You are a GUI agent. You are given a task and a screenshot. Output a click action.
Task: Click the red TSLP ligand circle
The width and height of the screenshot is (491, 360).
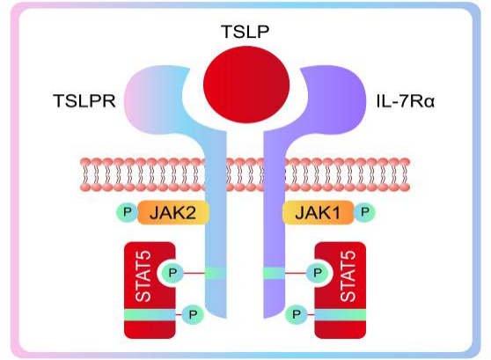coord(246,84)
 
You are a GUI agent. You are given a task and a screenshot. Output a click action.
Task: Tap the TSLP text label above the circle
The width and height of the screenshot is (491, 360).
coord(245,32)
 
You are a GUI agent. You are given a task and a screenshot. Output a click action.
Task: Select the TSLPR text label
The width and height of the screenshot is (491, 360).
coord(84,101)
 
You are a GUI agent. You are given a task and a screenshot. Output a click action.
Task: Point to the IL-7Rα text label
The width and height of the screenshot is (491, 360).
coord(405,101)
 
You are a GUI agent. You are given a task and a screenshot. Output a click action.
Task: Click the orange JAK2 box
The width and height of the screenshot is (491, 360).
coord(172,212)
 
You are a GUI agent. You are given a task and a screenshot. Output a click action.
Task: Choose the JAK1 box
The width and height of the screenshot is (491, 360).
coord(319,212)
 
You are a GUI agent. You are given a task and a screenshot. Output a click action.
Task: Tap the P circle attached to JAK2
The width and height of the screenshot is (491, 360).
coord(127,212)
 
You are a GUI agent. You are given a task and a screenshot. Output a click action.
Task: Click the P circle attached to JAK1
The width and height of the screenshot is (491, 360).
coord(364,212)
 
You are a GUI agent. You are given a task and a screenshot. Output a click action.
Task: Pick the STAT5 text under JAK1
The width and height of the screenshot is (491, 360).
coord(348,276)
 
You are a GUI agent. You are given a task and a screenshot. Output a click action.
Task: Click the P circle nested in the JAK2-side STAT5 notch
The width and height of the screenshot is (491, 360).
coord(172,273)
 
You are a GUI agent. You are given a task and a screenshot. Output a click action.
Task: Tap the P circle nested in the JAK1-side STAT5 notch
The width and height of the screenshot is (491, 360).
coord(317,273)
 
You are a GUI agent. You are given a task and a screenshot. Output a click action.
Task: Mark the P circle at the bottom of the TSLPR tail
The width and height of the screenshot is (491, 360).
coord(193,314)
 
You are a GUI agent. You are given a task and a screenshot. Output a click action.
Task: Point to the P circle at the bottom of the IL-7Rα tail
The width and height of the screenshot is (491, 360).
coord(297,314)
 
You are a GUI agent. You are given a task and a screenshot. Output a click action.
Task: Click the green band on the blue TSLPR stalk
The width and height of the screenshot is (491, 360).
coord(216,273)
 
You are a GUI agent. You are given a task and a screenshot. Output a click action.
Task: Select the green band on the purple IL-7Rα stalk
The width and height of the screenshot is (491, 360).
coord(274,273)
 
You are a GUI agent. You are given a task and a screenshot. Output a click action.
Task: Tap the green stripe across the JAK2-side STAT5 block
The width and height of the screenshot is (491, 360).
coord(150,314)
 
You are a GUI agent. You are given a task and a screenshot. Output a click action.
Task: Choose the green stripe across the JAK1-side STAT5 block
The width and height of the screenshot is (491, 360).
coord(341,314)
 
